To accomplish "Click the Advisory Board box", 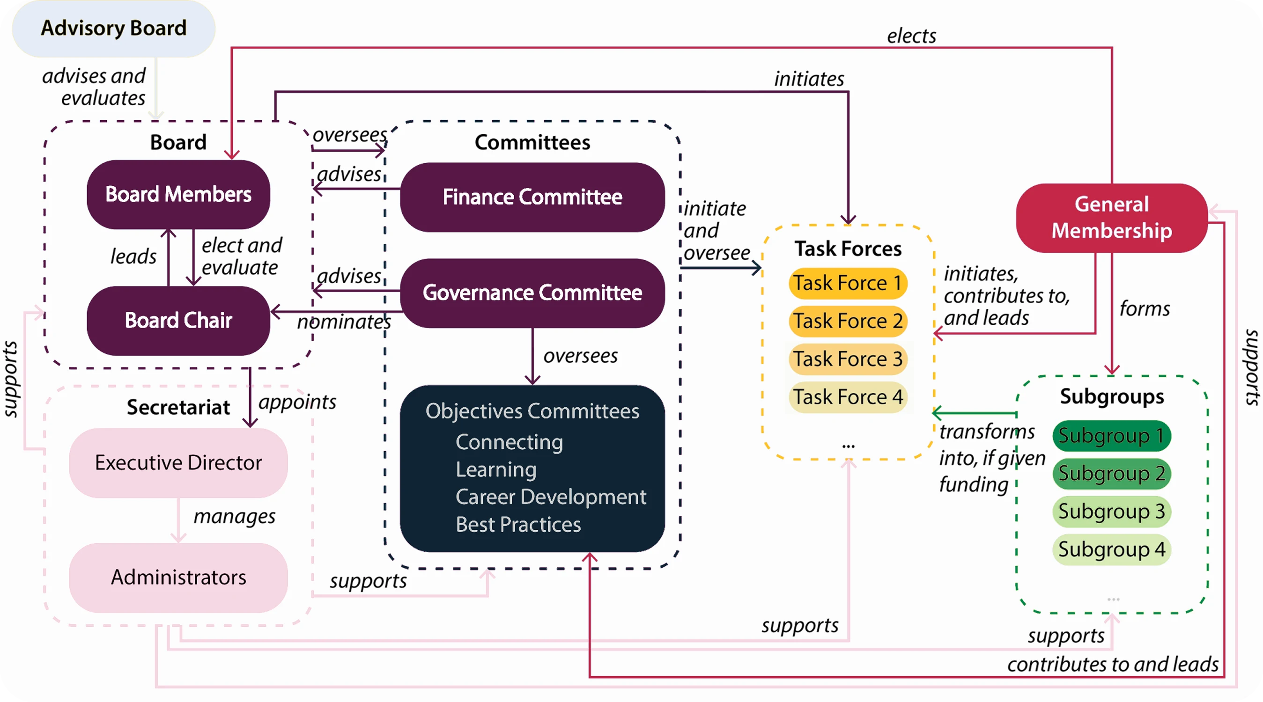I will click(x=113, y=29).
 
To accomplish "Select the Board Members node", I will click(x=178, y=195).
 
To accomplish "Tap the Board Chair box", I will click(x=178, y=321).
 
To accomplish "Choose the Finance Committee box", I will click(x=532, y=197).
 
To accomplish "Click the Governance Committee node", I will click(x=532, y=293).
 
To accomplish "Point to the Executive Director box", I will click(x=178, y=463).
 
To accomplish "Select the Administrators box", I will click(x=178, y=578).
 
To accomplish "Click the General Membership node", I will click(x=1111, y=218).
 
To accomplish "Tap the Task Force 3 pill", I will click(x=848, y=359).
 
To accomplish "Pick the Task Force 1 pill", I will click(x=848, y=283).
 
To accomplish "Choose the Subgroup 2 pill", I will click(x=1111, y=474).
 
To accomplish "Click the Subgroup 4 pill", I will click(x=1111, y=549).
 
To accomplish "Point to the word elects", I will click(x=911, y=36).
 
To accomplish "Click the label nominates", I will click(x=344, y=322).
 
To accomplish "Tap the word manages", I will click(x=234, y=516).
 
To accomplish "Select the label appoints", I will click(x=297, y=402).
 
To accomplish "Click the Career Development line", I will click(x=551, y=497).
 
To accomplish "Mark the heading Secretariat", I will click(x=178, y=408).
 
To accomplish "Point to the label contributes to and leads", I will click(x=1113, y=665).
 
